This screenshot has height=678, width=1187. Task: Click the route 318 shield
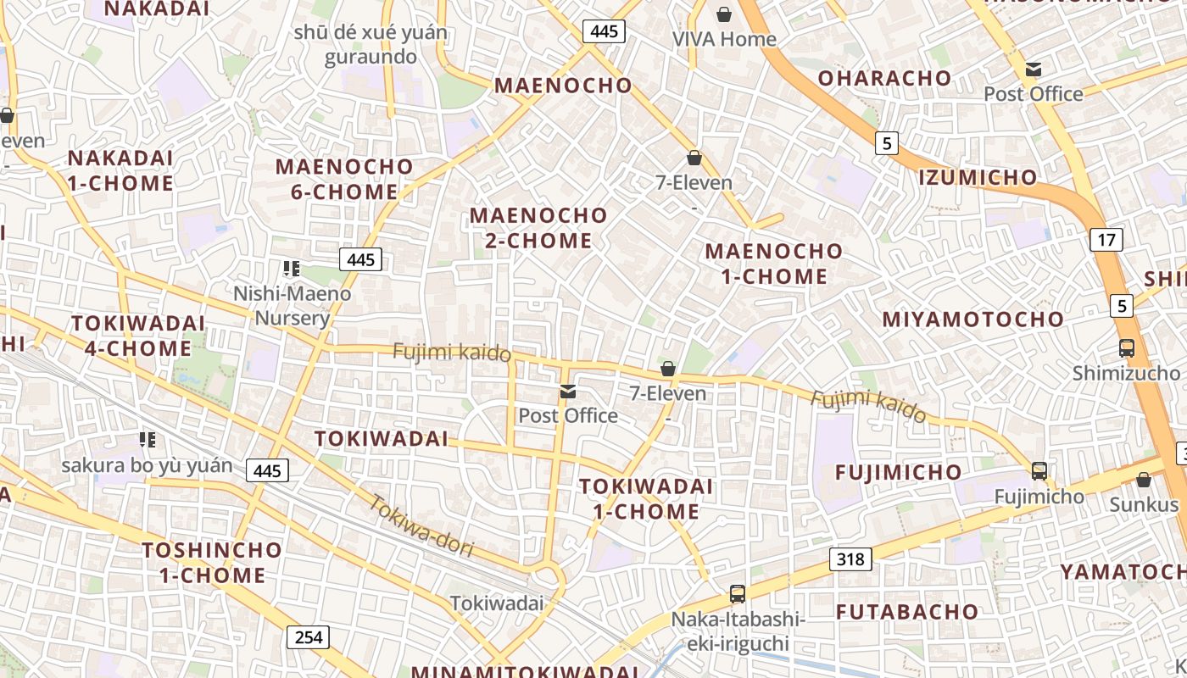[x=850, y=559]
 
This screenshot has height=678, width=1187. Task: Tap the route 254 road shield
[x=308, y=636]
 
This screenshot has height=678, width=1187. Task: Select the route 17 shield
[x=1106, y=240]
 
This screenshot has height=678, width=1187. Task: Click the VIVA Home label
[x=723, y=39]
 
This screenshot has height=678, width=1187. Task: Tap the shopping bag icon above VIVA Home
[x=724, y=14]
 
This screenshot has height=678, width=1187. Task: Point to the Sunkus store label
[x=1144, y=504]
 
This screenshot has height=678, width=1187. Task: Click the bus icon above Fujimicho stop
[x=1039, y=471]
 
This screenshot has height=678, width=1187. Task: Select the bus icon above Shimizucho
[x=1126, y=347]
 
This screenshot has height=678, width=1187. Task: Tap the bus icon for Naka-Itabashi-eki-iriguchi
[x=738, y=594]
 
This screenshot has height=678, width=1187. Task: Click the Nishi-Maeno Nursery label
[x=292, y=306]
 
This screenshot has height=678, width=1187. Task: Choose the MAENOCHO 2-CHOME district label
[x=538, y=228]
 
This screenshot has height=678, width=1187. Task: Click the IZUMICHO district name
[x=978, y=177]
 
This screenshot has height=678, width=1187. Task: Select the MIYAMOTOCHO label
[x=972, y=320]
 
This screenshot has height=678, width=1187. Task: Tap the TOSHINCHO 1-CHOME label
[x=212, y=562]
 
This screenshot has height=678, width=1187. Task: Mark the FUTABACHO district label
[x=907, y=611]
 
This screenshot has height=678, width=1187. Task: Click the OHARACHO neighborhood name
[x=884, y=78]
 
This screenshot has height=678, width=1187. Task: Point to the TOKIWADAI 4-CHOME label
[x=137, y=336]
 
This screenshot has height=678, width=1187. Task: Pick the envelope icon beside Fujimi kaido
[x=567, y=392]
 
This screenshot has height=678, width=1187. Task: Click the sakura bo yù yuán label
[x=147, y=465]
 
